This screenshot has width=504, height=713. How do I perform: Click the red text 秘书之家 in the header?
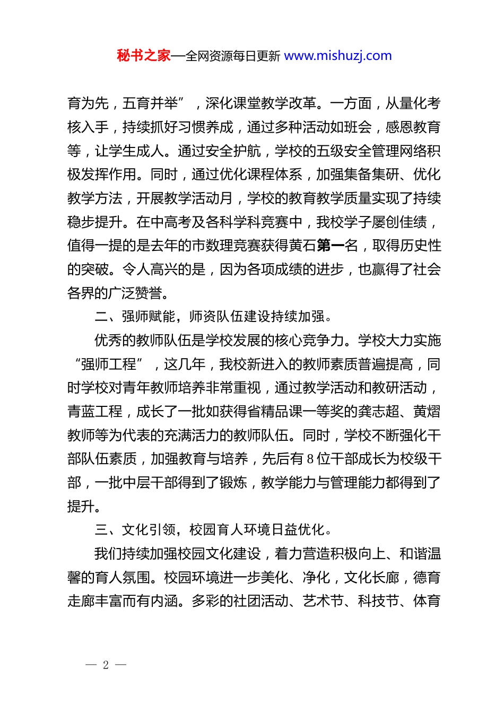click(x=144, y=56)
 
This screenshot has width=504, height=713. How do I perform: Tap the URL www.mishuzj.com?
click(x=338, y=56)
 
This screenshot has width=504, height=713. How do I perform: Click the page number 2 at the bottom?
click(x=106, y=665)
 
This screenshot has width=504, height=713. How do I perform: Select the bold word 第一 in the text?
click(x=330, y=246)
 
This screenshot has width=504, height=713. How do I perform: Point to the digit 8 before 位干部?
click(x=310, y=459)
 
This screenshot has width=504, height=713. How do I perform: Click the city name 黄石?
click(x=303, y=246)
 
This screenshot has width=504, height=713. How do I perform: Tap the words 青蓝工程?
click(x=95, y=412)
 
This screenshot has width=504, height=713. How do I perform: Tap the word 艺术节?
click(x=323, y=601)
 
